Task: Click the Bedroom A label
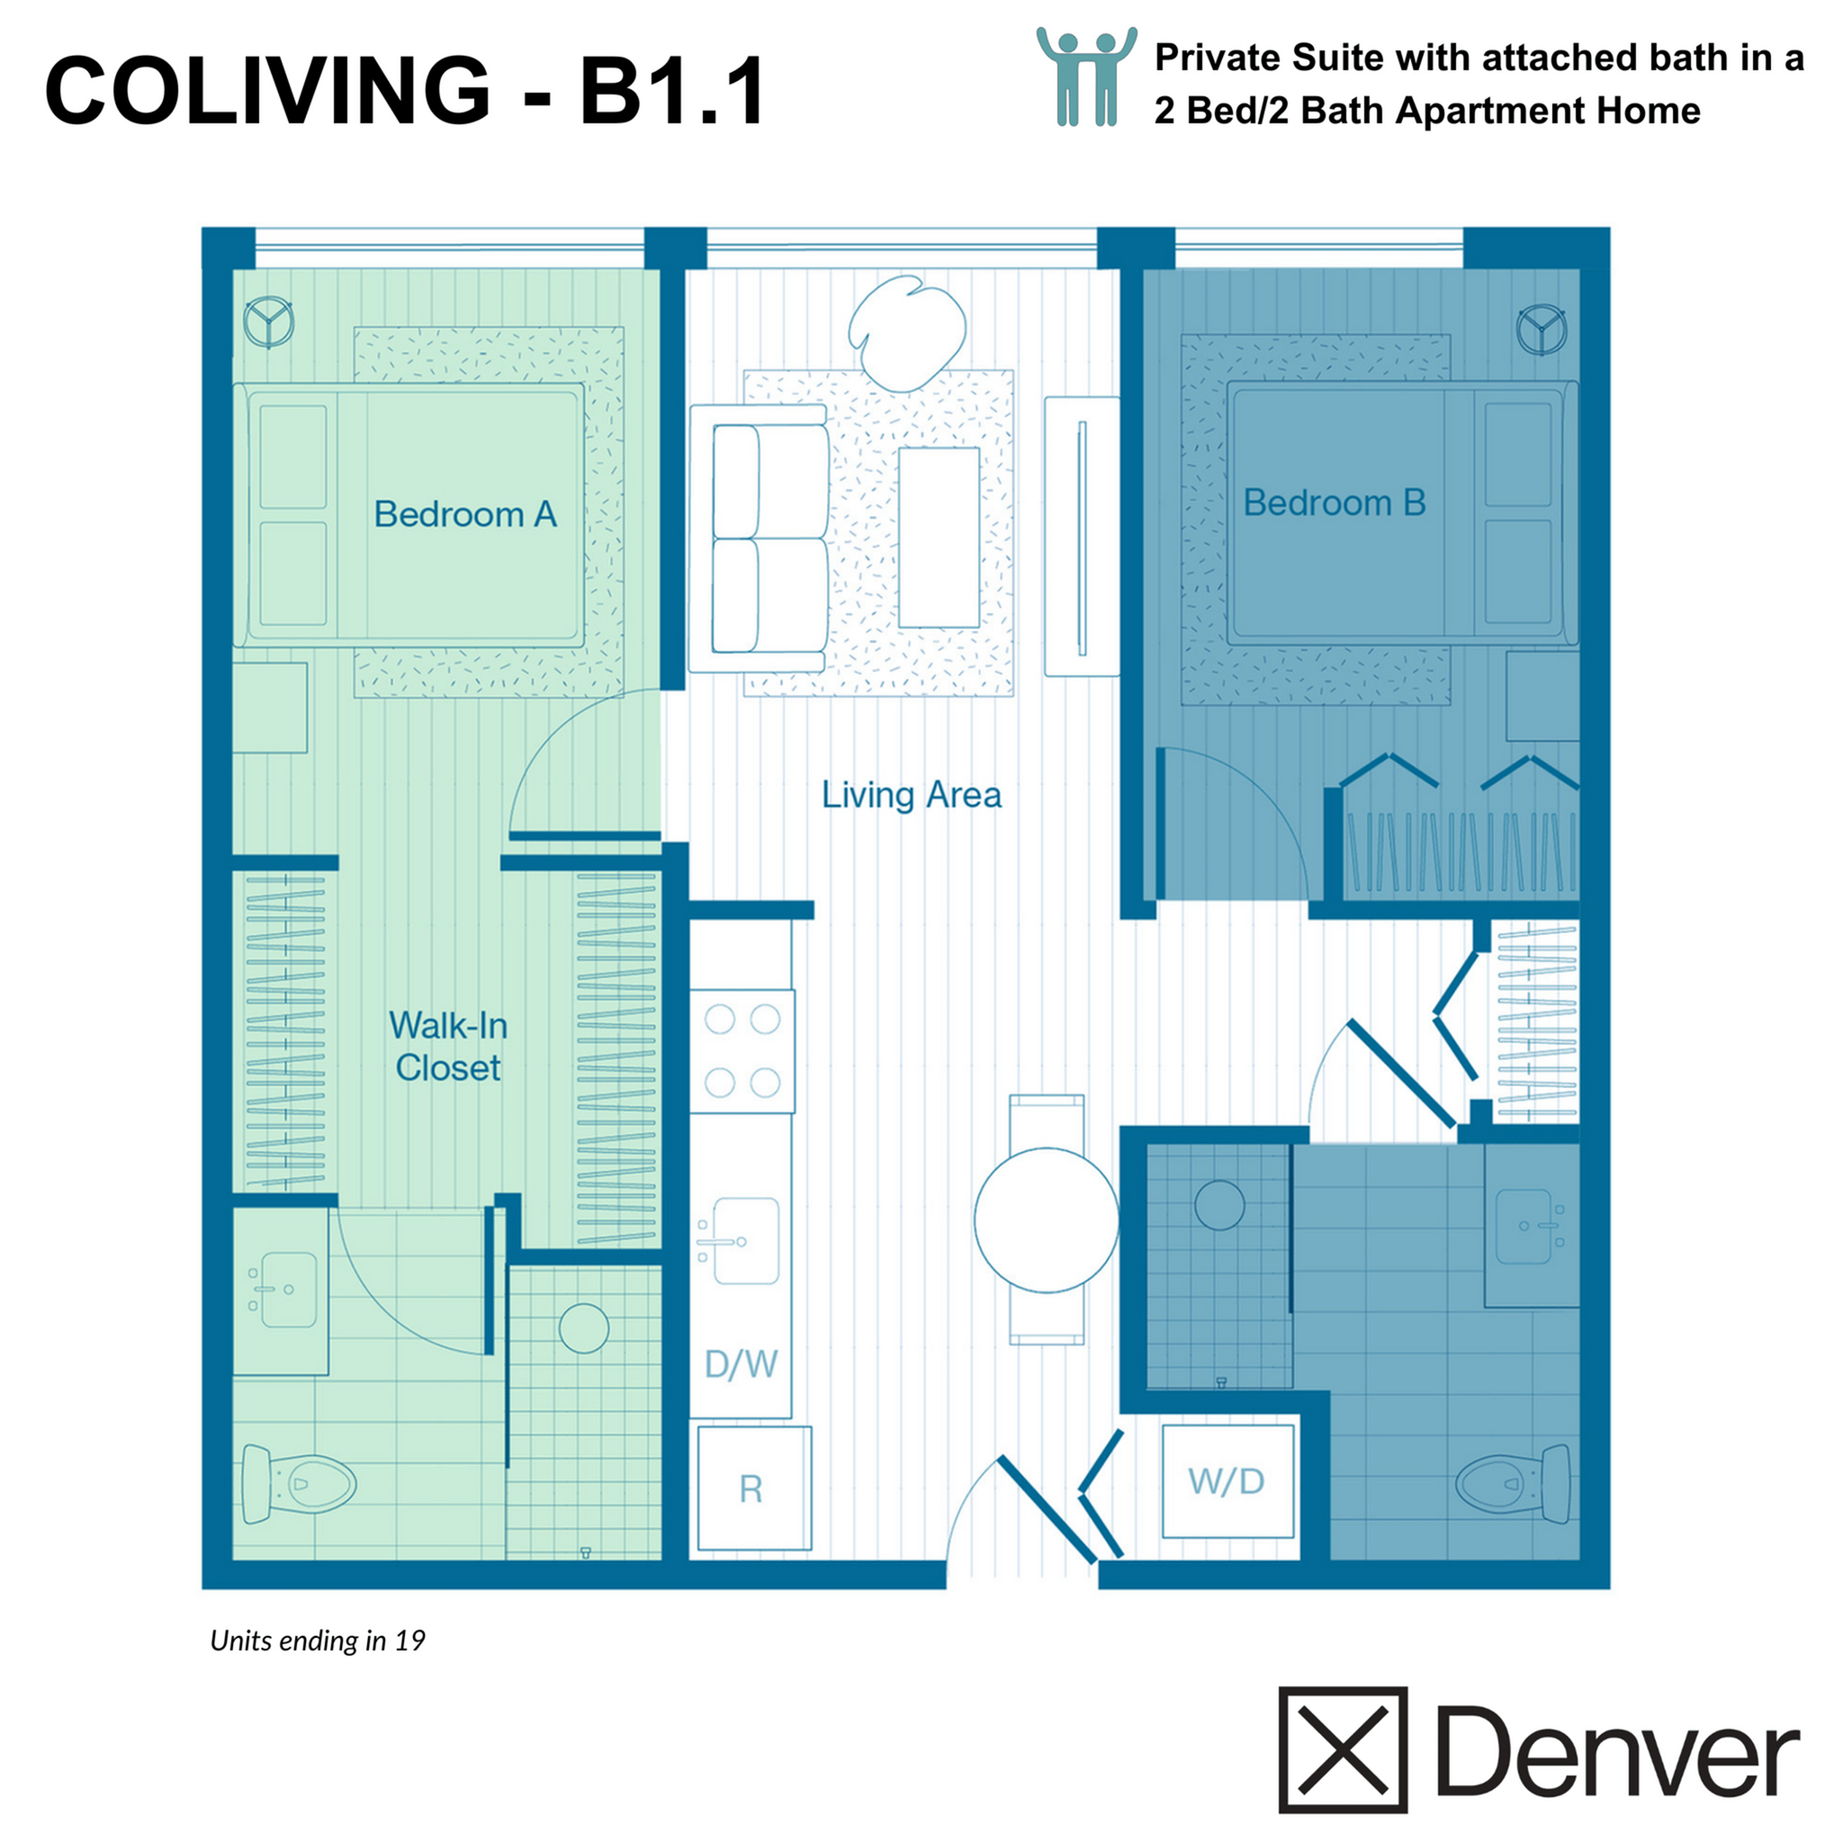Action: point(464,514)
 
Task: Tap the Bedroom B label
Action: point(1334,503)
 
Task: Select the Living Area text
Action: point(911,795)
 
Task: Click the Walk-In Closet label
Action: point(447,1047)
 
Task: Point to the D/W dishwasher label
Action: point(741,1364)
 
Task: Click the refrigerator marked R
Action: point(753,1488)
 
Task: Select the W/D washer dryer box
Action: point(1227,1481)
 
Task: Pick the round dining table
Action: point(1046,1220)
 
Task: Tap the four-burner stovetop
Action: point(742,1051)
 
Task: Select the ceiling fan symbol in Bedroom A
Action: point(268,322)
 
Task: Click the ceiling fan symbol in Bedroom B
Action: point(1541,329)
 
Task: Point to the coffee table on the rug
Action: point(939,537)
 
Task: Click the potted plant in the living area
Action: point(906,332)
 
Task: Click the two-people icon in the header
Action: point(1086,76)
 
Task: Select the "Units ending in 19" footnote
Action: point(318,1641)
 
